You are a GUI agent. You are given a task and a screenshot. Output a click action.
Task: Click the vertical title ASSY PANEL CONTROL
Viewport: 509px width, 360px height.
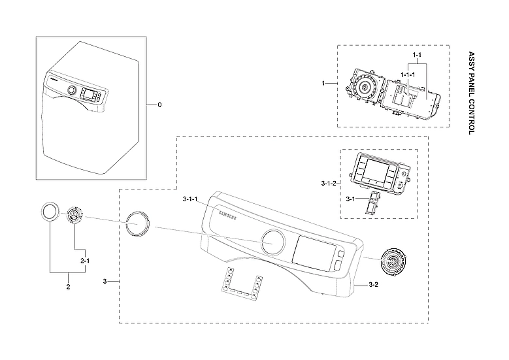(472, 92)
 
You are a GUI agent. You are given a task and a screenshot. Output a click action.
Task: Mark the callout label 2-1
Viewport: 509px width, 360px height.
(84, 261)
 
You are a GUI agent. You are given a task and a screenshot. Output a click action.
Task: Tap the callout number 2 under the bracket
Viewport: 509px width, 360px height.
(68, 287)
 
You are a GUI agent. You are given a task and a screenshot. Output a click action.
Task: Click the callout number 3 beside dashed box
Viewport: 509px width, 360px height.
(105, 281)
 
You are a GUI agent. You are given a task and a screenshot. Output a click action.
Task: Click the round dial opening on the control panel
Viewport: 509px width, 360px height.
(273, 242)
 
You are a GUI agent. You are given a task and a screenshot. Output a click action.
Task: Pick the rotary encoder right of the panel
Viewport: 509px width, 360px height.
(394, 263)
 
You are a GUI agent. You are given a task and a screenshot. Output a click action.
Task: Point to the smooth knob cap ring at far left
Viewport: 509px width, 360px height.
(49, 212)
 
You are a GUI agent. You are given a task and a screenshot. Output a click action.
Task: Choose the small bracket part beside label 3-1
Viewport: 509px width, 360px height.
(372, 203)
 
